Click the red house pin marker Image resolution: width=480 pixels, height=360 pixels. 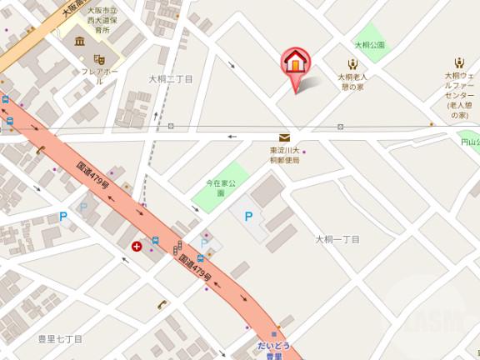297,63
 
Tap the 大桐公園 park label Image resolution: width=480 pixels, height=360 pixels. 369,45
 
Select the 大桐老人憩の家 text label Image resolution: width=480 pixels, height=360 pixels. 352,82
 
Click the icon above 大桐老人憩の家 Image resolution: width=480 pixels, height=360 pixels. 352,63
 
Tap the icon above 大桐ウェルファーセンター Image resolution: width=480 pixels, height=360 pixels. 459,62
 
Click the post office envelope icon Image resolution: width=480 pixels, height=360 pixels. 285,137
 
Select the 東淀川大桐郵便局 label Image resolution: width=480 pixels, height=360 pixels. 285,156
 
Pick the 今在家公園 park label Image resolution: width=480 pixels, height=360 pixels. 222,187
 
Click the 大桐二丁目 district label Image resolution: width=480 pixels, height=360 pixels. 171,79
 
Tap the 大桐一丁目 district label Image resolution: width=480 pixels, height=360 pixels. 337,239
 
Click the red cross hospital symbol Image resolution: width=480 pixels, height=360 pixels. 137,247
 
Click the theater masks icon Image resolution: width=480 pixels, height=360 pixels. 98,60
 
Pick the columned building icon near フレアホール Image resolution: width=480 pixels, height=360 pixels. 79,42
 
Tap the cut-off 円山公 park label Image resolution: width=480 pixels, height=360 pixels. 471,142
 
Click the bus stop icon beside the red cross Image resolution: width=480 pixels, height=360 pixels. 155,242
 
